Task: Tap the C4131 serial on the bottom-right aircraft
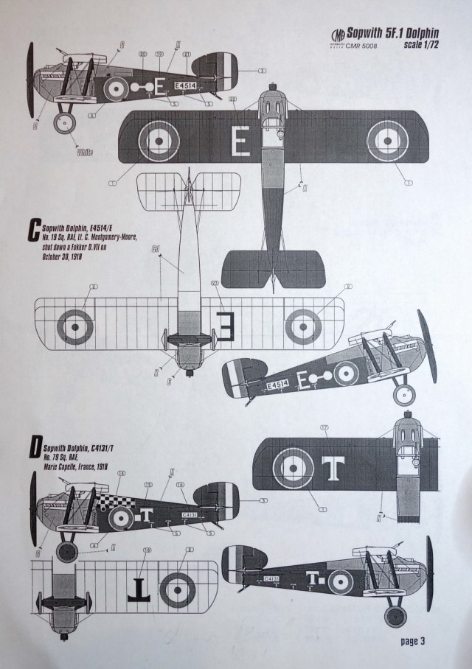tap(272, 580)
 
